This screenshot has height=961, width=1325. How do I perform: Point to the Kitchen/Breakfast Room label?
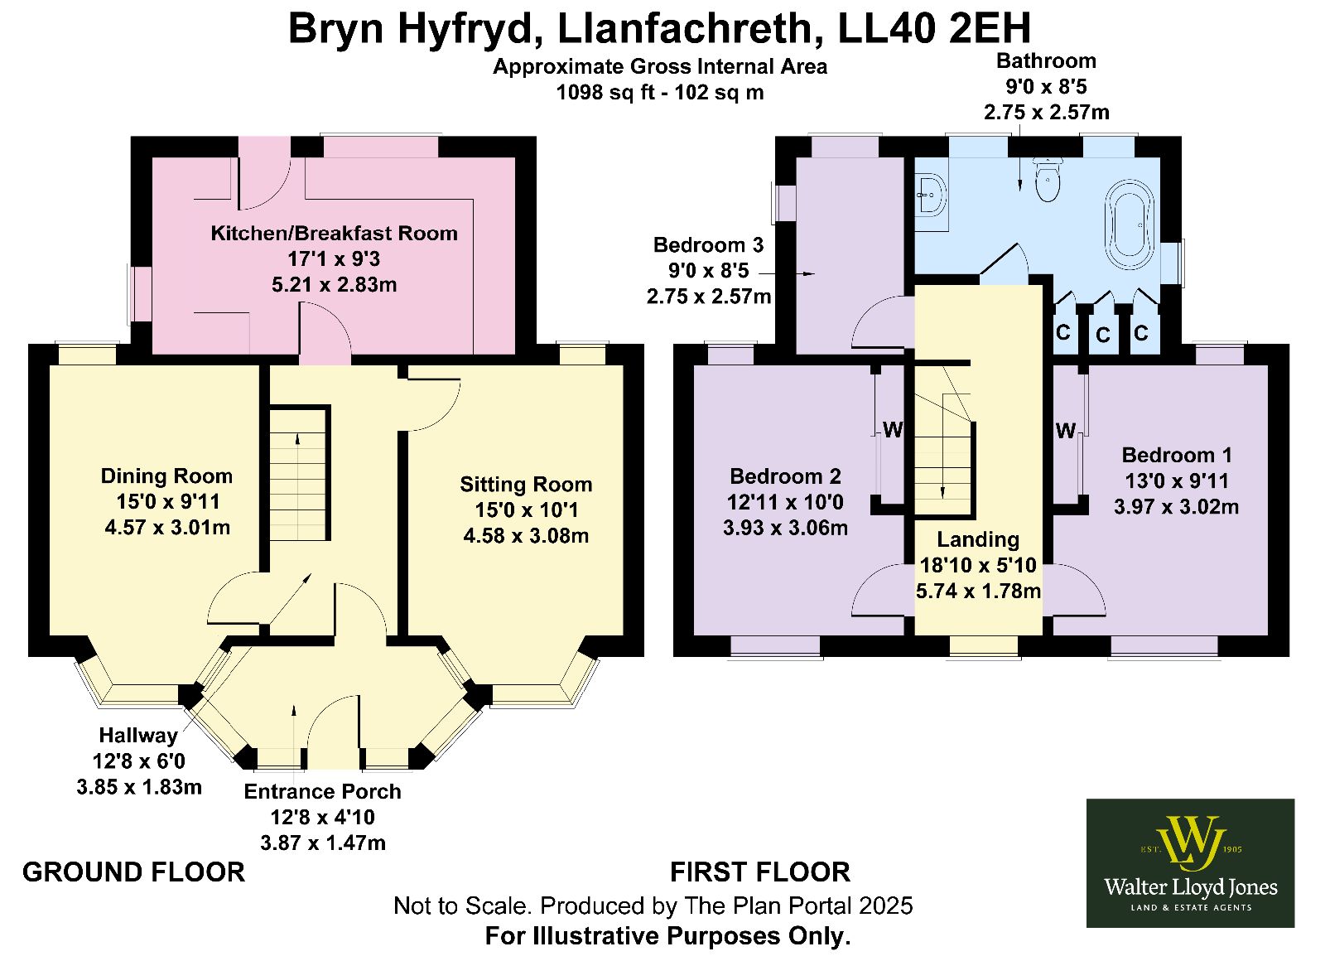(335, 233)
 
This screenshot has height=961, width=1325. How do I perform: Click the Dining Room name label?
(166, 476)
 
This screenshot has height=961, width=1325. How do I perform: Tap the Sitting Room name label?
(526, 484)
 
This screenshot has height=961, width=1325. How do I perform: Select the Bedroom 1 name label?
(1177, 455)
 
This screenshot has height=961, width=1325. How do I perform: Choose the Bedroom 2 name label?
(786, 476)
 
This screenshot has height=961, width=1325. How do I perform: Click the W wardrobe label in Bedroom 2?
(893, 430)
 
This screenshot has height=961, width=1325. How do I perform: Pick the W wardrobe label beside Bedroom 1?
(1065, 430)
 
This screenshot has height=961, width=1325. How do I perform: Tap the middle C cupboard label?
(1102, 336)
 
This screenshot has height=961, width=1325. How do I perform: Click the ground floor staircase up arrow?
(297, 439)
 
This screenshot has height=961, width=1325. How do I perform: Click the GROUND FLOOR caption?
(133, 872)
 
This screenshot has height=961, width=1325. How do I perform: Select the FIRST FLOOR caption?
(760, 872)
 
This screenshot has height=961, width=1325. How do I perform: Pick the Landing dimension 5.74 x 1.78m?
(978, 591)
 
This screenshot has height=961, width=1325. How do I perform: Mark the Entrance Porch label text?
(322, 791)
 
